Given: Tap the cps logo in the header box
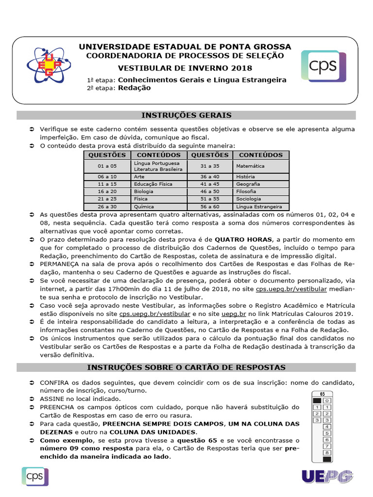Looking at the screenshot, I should (323, 66).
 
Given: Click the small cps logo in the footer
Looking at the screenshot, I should (34, 475).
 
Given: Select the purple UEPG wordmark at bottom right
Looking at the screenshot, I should (327, 477).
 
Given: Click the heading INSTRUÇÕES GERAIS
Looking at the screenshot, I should (186, 115).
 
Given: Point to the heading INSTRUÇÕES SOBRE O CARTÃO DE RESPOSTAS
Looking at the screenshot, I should (186, 367).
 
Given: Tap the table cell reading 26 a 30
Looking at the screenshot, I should (107, 206).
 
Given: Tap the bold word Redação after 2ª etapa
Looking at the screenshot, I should (134, 88).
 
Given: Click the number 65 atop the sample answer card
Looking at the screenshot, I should (322, 394).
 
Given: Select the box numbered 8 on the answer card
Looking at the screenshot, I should (327, 452).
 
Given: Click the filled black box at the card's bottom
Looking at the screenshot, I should (327, 459).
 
